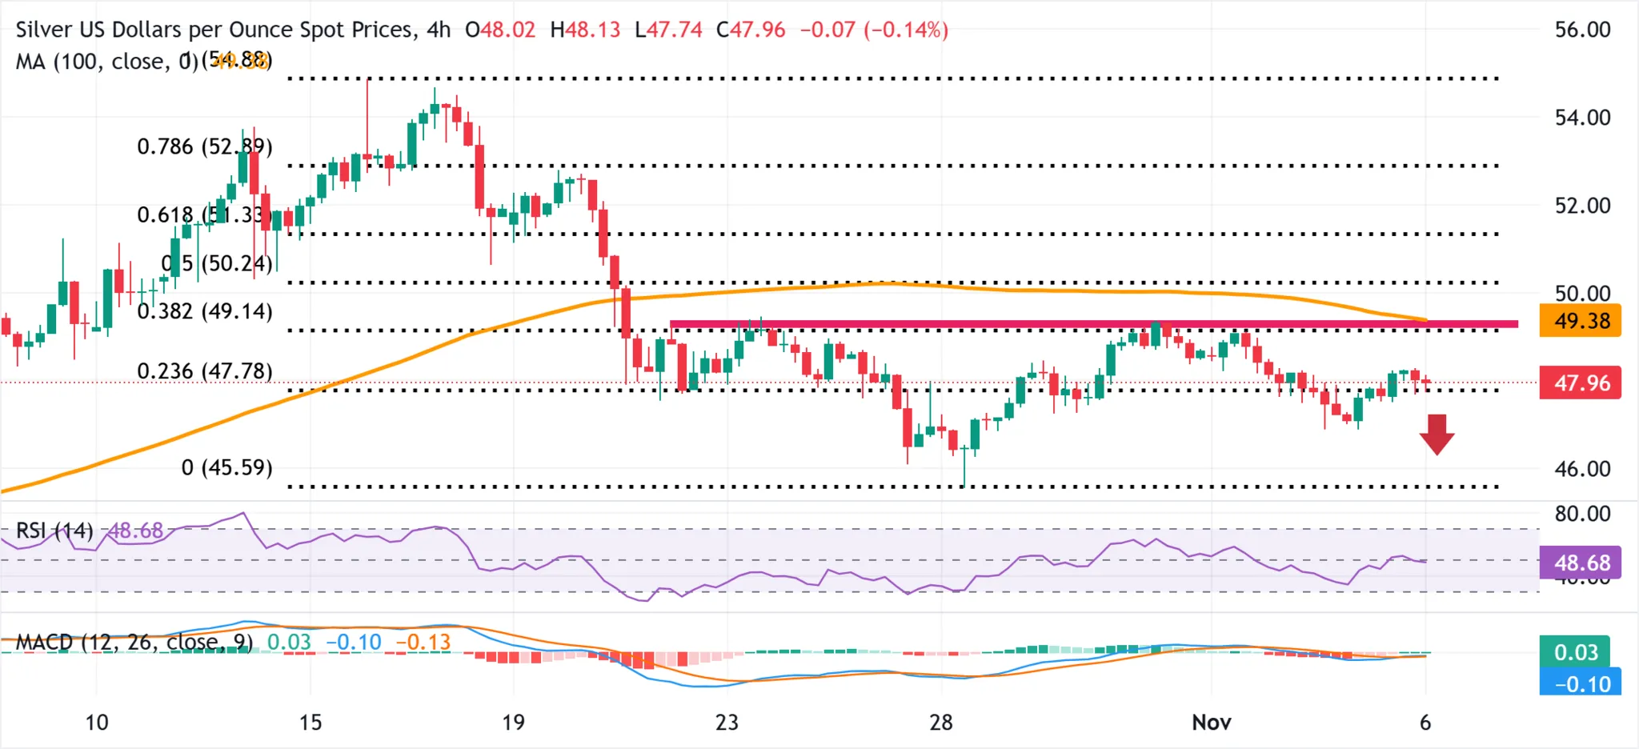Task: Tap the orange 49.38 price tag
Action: (1581, 321)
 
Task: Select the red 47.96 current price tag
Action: (1581, 383)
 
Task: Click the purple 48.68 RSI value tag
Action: (1581, 563)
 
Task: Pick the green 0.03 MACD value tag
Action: (1575, 652)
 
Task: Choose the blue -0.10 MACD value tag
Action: (1581, 684)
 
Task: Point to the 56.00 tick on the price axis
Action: (1581, 30)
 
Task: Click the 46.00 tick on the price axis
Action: (1581, 469)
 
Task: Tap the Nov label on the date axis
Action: (1211, 723)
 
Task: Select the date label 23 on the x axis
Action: (726, 723)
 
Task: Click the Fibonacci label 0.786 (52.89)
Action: (204, 146)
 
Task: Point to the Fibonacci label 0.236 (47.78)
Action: (204, 371)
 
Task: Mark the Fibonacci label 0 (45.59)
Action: (226, 467)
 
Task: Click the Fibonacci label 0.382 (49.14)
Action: (204, 311)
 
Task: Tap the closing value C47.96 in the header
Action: (751, 30)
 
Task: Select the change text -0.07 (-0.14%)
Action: (874, 30)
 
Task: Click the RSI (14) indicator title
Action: (54, 531)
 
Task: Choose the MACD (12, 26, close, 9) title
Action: (134, 642)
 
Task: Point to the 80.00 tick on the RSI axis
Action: (1581, 514)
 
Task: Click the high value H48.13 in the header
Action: (585, 30)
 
